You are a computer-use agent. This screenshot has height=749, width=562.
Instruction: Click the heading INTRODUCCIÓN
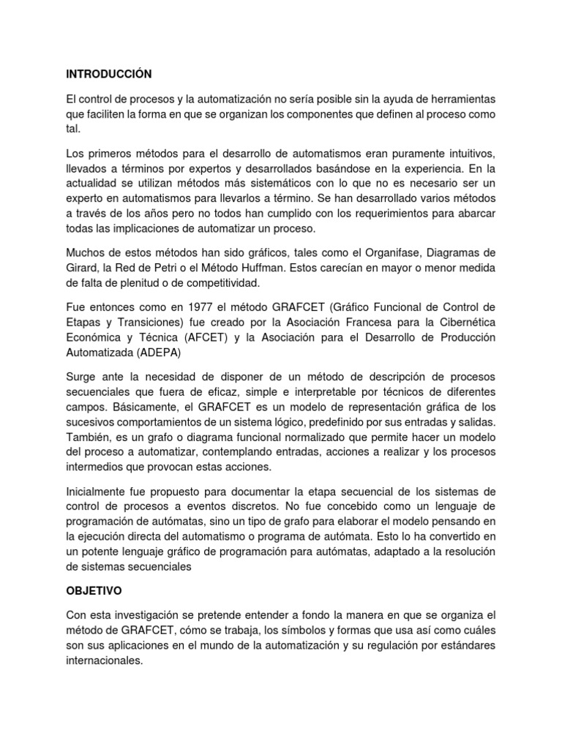pyautogui.click(x=108, y=74)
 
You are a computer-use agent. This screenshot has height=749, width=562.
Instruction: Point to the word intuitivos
pyautogui.click(x=467, y=153)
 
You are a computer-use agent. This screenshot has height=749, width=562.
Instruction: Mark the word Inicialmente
pyautogui.click(x=97, y=489)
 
